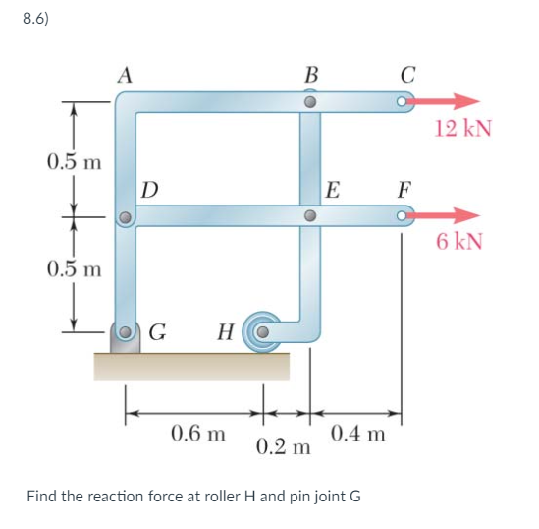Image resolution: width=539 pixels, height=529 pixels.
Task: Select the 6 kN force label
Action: pyautogui.click(x=459, y=242)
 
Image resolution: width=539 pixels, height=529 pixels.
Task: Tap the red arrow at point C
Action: pyautogui.click(x=448, y=101)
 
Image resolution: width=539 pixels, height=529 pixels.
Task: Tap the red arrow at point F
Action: pyautogui.click(x=448, y=215)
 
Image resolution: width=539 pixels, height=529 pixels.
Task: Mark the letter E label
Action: pyautogui.click(x=334, y=189)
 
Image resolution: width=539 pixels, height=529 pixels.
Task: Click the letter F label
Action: pyautogui.click(x=405, y=188)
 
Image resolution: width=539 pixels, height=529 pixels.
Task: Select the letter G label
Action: pyautogui.click(x=156, y=331)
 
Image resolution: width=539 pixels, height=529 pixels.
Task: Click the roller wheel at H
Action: pyautogui.click(x=261, y=331)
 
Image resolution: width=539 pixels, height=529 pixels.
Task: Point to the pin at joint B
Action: pyautogui.click(x=309, y=101)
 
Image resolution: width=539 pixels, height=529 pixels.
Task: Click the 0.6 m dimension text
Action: pyautogui.click(x=198, y=432)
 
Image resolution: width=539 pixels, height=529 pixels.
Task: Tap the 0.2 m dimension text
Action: pyautogui.click(x=283, y=447)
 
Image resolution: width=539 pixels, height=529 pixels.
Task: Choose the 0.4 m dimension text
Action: pyautogui.click(x=357, y=432)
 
